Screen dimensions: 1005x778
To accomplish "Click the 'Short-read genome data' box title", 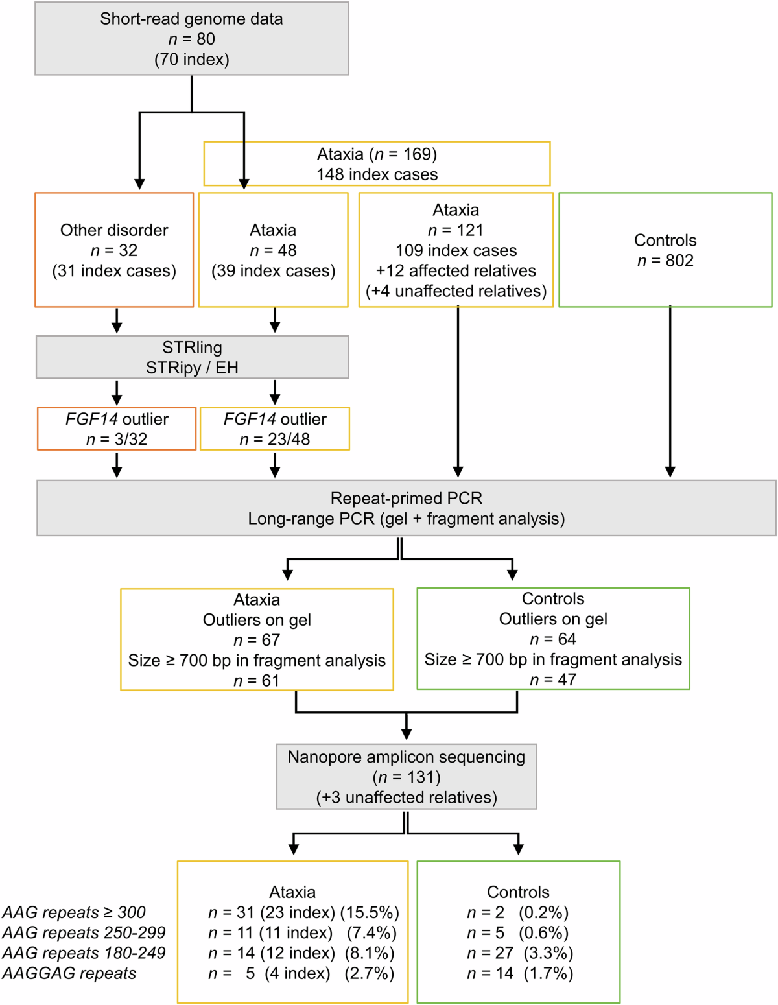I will (x=191, y=19).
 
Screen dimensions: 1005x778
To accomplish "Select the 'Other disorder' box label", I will (x=114, y=230).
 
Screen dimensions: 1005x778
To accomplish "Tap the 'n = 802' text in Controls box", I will (x=665, y=261).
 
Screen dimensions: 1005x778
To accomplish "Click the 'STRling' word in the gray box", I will (x=192, y=348).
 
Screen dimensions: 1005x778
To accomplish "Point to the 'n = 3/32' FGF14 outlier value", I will (x=117, y=440).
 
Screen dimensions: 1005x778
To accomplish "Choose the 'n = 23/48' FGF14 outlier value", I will (x=275, y=440).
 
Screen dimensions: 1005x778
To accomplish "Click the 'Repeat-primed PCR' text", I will (x=406, y=499).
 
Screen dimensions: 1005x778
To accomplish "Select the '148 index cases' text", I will (x=377, y=174).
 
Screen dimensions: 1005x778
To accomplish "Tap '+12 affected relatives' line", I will (x=456, y=271).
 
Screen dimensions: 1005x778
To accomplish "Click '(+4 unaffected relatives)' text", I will (x=456, y=291).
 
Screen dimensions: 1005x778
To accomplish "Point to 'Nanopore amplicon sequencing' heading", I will (x=406, y=757).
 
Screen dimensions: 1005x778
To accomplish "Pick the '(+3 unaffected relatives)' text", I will (x=406, y=798).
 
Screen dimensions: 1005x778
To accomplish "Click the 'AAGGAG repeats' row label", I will (x=69, y=973).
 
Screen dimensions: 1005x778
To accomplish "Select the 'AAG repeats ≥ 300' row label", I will (x=74, y=912).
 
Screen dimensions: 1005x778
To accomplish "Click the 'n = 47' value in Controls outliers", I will (x=553, y=680).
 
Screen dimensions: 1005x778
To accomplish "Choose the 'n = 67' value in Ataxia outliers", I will (x=257, y=640).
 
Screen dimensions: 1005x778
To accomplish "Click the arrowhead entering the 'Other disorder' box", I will (x=139, y=183).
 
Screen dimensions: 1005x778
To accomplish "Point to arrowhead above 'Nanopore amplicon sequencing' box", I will (x=407, y=734).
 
